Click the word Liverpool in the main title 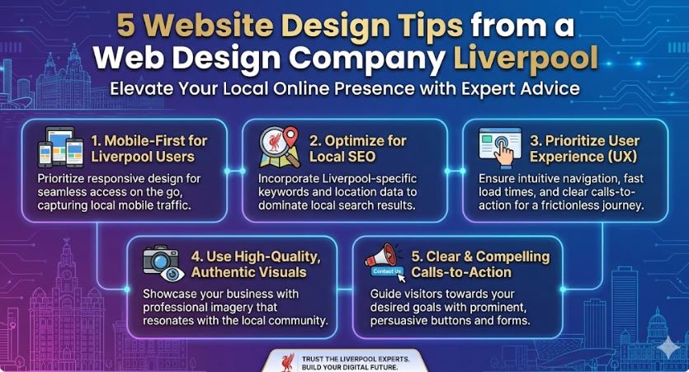526,59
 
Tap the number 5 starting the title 126,25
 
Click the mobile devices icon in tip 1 60,147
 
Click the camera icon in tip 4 161,259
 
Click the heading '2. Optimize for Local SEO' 357,148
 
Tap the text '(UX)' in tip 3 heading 622,157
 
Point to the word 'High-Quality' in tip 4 277,257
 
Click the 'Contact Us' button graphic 387,271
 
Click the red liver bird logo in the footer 288,363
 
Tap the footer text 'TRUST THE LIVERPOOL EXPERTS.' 356,359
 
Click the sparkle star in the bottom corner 668,348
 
